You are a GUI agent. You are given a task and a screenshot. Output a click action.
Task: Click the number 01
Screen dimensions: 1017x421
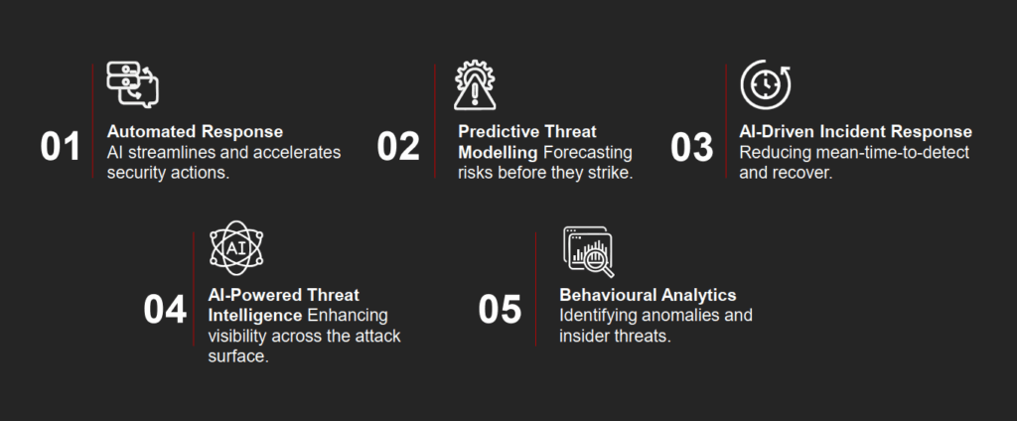pyautogui.click(x=61, y=147)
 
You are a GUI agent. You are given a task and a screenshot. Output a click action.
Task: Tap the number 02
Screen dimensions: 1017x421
pyautogui.click(x=398, y=147)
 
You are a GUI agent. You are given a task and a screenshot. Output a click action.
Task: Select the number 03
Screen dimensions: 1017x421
pyautogui.click(x=692, y=147)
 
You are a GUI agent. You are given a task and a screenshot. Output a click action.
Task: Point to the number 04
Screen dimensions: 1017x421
pyautogui.click(x=165, y=310)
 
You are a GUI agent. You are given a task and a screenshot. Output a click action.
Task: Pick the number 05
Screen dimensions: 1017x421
pyautogui.click(x=501, y=310)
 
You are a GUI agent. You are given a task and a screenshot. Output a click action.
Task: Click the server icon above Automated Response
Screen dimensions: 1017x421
pyautogui.click(x=133, y=84)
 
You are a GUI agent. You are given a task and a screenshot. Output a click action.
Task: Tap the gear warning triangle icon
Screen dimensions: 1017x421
pyautogui.click(x=475, y=85)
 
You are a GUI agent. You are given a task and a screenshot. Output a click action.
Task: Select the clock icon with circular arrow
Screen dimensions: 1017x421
pyautogui.click(x=766, y=85)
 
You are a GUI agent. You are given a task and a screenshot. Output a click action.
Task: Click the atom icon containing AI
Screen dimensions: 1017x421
pyautogui.click(x=236, y=248)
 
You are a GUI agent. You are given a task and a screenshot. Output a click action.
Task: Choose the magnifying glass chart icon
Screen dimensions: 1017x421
pyautogui.click(x=588, y=251)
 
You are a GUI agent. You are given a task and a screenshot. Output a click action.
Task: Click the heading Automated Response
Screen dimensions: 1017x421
pyautogui.click(x=196, y=132)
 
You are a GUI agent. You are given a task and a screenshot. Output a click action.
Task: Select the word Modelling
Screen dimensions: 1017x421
pyautogui.click(x=499, y=153)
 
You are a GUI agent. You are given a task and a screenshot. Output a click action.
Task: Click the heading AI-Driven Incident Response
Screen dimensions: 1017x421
pyautogui.click(x=855, y=132)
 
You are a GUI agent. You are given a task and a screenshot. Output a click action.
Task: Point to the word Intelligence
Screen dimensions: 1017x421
pyautogui.click(x=255, y=316)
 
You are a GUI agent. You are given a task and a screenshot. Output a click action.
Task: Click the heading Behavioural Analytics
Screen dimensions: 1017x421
pyautogui.click(x=648, y=295)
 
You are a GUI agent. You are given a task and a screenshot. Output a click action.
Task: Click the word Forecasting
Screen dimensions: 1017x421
pyautogui.click(x=588, y=153)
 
